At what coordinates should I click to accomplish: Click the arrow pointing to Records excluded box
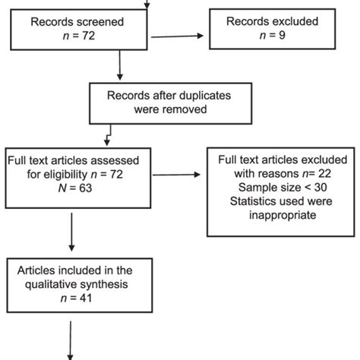click(x=179, y=36)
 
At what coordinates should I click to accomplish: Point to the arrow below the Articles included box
click(x=71, y=338)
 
